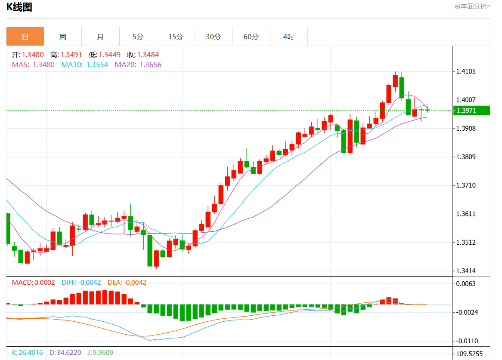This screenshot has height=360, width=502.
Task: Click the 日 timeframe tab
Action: (25, 37)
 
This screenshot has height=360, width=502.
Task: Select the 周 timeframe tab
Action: (63, 37)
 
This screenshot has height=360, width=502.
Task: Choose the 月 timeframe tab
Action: (100, 37)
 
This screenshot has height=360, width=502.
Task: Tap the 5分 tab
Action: (138, 37)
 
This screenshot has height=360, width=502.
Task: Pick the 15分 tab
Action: (176, 37)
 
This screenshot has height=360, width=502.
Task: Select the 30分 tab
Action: (214, 37)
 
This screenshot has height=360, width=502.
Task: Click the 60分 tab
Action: (251, 37)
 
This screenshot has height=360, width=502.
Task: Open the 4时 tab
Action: (289, 37)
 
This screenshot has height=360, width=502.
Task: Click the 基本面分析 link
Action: (472, 6)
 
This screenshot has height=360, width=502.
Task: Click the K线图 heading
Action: (19, 7)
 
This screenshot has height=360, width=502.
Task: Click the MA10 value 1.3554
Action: (97, 65)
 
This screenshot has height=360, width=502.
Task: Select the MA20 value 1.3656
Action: (150, 65)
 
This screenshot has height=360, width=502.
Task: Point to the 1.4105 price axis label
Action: (466, 71)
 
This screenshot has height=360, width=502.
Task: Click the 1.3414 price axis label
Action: (466, 271)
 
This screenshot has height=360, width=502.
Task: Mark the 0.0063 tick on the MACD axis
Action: (466, 284)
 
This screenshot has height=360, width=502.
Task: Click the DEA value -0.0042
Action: (135, 283)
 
